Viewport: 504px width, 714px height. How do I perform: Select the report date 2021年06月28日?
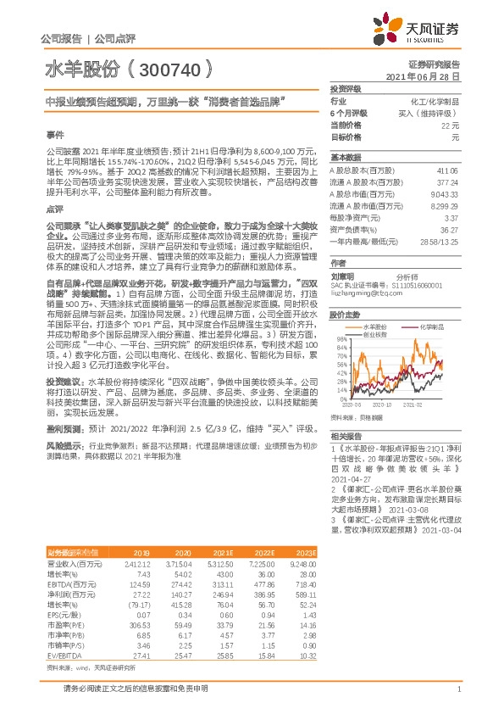(428, 75)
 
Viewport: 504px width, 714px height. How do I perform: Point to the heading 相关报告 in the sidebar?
(346, 434)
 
